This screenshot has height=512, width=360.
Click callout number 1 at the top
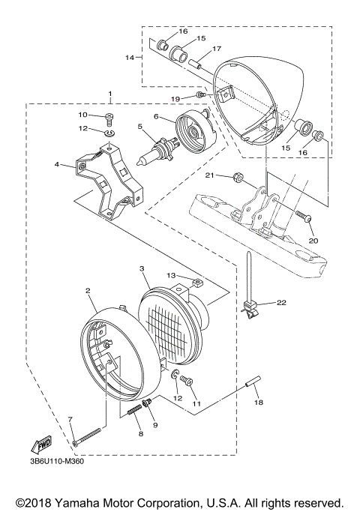[x=110, y=94]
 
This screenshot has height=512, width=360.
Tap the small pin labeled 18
[x=253, y=388]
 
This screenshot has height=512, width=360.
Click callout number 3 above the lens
[x=141, y=268]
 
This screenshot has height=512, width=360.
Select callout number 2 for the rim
[x=88, y=290]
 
